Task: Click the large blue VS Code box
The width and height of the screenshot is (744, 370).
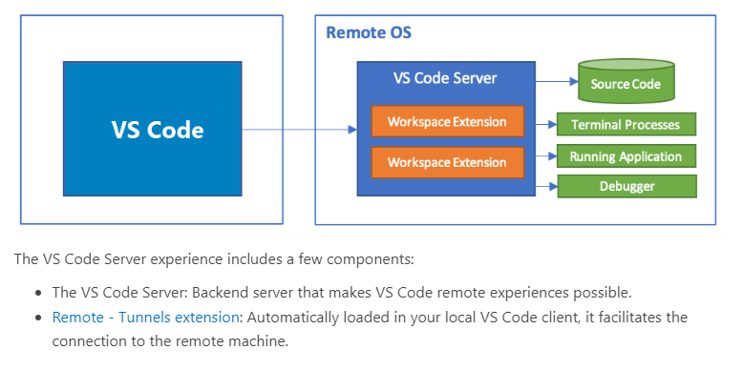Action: [152, 129]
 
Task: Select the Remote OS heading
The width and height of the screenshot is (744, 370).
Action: [369, 32]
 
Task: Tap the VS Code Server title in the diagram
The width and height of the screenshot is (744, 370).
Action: [445, 78]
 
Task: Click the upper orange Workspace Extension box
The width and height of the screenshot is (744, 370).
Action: [447, 121]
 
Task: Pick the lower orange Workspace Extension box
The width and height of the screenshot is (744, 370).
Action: [447, 162]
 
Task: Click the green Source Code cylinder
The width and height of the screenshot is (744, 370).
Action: [626, 80]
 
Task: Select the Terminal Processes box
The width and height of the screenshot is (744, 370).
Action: [626, 124]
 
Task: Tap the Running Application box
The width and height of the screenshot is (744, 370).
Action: [626, 156]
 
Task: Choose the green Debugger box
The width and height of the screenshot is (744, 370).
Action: [627, 186]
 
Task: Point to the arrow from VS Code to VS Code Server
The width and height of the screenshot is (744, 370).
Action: [299, 130]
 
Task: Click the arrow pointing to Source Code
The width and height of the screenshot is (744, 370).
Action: [557, 81]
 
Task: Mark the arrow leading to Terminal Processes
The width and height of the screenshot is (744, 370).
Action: [546, 125]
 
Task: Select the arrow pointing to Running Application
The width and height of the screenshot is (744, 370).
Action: [546, 155]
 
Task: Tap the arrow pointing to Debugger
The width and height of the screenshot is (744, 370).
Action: [546, 186]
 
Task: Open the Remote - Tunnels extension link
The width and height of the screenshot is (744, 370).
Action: [146, 317]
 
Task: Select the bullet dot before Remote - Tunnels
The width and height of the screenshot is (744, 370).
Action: [40, 318]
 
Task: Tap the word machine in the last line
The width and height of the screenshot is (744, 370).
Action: [262, 341]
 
